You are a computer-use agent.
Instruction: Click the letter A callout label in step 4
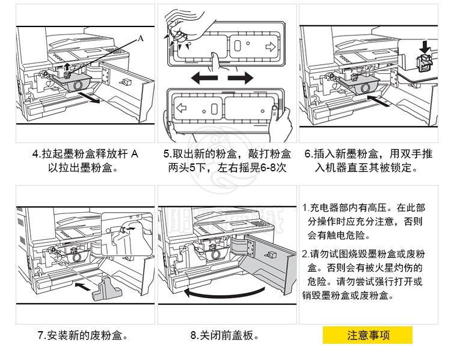(141, 38)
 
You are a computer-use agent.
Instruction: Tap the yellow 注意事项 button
(367, 335)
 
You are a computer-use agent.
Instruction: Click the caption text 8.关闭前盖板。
(225, 335)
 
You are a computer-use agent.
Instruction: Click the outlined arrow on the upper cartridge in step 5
(269, 45)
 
